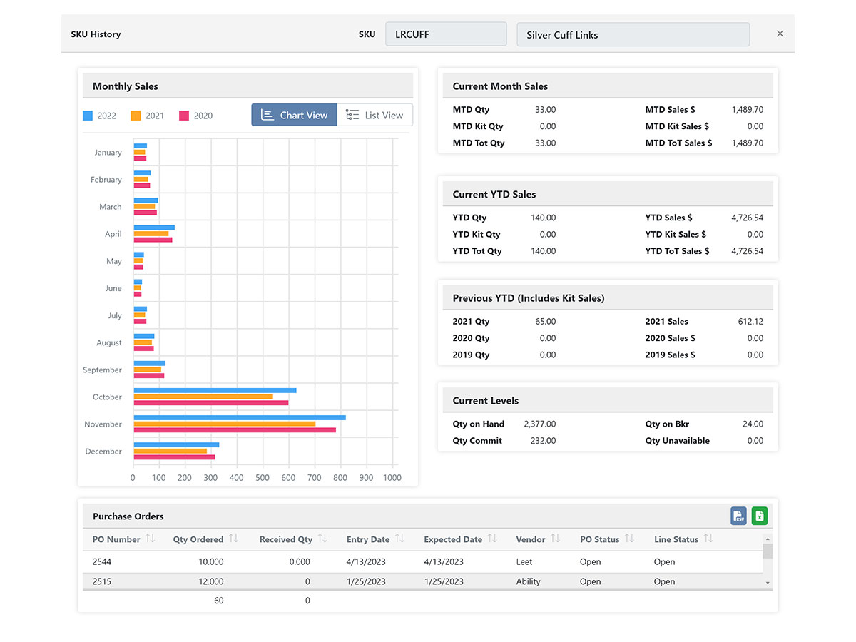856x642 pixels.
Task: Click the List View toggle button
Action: [x=374, y=115]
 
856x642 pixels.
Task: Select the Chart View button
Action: [x=294, y=115]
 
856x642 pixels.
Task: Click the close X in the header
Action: [x=780, y=34]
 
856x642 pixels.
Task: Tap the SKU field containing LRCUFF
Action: [x=446, y=34]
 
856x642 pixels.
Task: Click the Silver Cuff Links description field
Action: [x=632, y=34]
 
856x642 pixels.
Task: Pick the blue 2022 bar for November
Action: [x=239, y=417]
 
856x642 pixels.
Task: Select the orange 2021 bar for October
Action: [x=203, y=396]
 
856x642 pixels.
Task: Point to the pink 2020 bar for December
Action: [x=174, y=457]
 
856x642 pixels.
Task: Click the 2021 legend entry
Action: [x=148, y=116]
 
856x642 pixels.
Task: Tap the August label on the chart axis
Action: [x=109, y=342]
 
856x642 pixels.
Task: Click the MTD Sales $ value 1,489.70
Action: [x=747, y=110]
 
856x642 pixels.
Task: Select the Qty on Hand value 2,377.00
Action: [x=539, y=424]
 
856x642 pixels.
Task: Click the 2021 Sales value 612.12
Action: [x=750, y=322]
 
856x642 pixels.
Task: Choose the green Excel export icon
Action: [x=759, y=516]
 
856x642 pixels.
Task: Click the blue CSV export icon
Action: [x=738, y=516]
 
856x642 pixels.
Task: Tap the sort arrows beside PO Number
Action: [x=150, y=539]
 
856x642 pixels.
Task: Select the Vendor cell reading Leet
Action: [x=524, y=561]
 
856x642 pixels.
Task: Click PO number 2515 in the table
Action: [x=102, y=581]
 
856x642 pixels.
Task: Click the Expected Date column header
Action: [x=453, y=539]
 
